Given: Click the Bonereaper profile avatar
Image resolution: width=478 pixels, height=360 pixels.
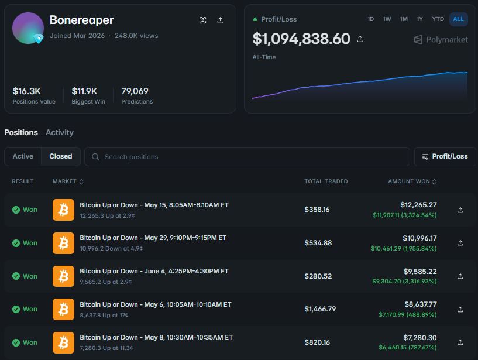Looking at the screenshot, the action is [x=28, y=28].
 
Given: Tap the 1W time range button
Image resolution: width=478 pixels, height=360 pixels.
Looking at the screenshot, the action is [x=387, y=19].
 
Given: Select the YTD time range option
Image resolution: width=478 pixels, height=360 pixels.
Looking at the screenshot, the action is [x=438, y=19].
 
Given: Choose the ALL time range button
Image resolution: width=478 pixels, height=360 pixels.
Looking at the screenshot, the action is [x=458, y=19].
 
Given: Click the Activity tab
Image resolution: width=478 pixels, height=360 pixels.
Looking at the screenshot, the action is [x=60, y=132].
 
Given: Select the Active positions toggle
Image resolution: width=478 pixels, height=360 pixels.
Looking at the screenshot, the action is [x=23, y=156].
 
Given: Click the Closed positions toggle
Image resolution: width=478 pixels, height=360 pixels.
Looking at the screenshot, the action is [x=61, y=156].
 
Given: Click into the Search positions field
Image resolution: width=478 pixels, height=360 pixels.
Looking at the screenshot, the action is [x=247, y=157].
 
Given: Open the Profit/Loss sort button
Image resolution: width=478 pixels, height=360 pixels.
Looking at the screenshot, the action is [x=445, y=156].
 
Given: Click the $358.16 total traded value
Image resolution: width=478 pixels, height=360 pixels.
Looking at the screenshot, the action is [x=317, y=210].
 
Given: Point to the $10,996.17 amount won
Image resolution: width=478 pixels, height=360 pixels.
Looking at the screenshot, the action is [x=419, y=238].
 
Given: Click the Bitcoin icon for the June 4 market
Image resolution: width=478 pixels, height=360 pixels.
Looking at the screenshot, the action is [x=63, y=276].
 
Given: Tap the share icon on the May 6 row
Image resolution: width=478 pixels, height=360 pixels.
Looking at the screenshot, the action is [x=460, y=309].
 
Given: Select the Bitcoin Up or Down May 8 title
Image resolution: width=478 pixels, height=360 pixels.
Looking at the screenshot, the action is [x=156, y=337].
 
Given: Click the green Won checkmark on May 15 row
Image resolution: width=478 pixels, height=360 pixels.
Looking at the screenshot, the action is [x=16, y=210].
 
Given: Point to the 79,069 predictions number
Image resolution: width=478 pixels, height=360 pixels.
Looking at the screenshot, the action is [x=135, y=91].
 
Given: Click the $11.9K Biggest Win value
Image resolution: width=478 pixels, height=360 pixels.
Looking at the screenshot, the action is [x=84, y=91].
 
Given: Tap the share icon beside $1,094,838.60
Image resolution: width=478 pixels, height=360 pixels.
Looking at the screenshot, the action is [x=360, y=39].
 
